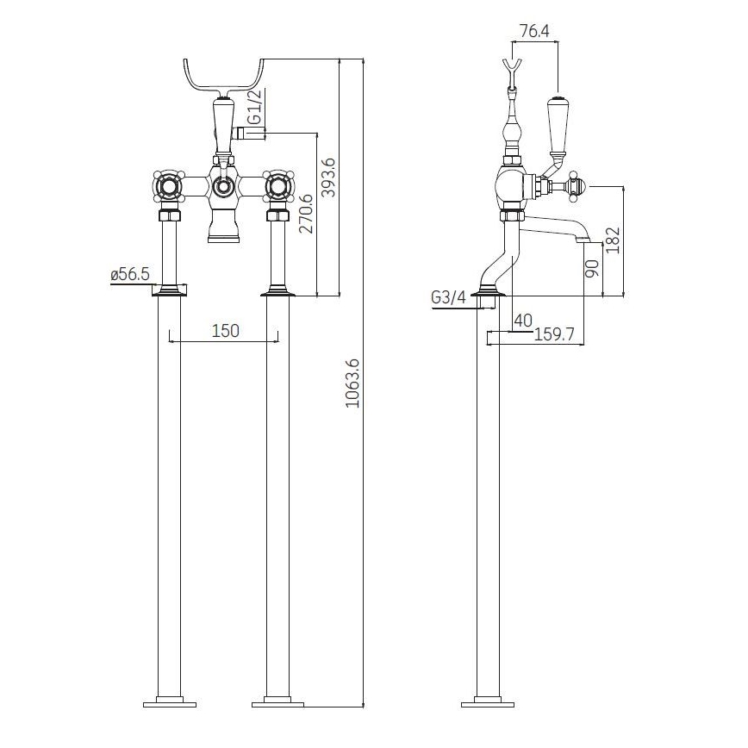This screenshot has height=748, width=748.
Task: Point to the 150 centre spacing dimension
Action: (x=226, y=330)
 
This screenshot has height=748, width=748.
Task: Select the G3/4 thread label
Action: (x=448, y=297)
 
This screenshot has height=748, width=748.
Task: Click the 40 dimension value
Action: (x=522, y=320)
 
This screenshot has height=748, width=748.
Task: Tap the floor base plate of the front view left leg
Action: (x=169, y=701)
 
